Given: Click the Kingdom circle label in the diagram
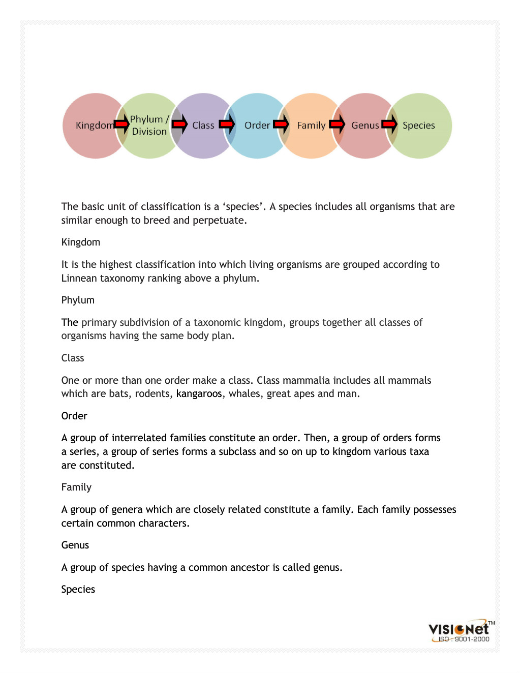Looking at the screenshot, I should [x=94, y=126].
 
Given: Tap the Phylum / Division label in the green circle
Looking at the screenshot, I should [x=149, y=126].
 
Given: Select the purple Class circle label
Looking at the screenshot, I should [x=203, y=126].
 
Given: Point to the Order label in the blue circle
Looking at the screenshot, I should [x=257, y=126].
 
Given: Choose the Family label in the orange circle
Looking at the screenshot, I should [x=311, y=126].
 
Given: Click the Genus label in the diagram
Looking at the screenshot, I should [x=365, y=126].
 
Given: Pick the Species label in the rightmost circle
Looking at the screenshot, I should [x=418, y=126].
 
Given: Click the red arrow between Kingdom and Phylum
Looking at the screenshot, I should [x=122, y=124].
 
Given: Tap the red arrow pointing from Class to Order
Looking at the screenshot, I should [x=227, y=124].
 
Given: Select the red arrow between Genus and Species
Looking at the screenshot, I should [x=389, y=124].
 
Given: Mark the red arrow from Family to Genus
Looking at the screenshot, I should [x=337, y=124].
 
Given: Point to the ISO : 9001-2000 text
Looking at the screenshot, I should [x=464, y=639].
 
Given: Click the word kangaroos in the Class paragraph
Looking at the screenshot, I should [x=199, y=394].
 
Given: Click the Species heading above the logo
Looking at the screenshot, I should [x=78, y=590].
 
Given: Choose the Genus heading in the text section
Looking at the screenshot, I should [x=75, y=545].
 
